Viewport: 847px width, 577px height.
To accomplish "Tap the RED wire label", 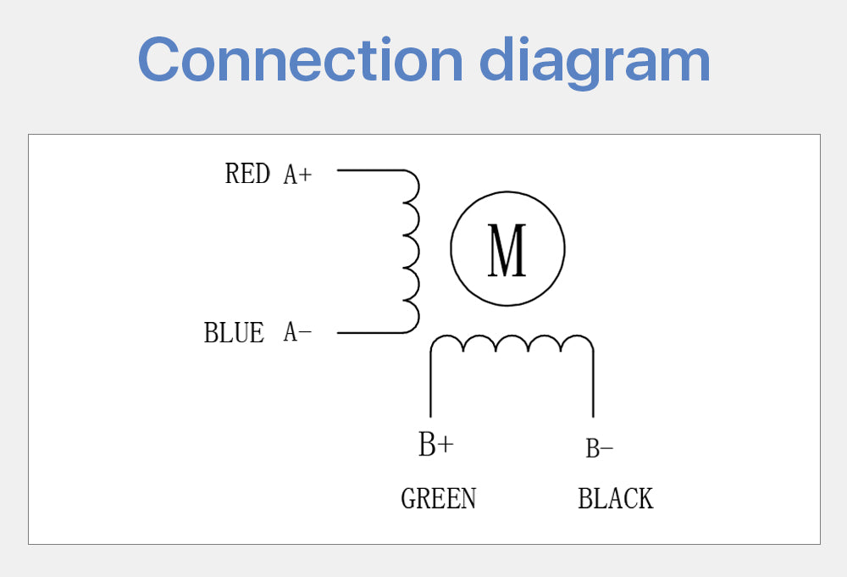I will (247, 174).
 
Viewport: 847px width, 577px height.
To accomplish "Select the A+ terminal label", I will (297, 175).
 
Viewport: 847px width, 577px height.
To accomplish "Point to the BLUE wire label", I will (234, 332).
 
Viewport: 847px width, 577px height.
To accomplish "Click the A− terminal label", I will (297, 333).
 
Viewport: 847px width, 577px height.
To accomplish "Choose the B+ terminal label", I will (435, 445).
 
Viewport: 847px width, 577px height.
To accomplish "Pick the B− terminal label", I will (599, 448).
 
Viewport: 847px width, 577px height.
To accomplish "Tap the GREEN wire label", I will (438, 498).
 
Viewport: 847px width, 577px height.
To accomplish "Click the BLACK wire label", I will (615, 498).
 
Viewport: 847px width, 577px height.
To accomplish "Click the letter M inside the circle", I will (507, 250).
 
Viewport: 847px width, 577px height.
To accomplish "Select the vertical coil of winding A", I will (412, 252).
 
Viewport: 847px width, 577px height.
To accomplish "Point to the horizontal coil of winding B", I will (512, 344).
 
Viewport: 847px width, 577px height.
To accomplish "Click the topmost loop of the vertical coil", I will (412, 186).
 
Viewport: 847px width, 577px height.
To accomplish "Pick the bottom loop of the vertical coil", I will (412, 317).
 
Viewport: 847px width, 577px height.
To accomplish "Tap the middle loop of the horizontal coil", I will (512, 342).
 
